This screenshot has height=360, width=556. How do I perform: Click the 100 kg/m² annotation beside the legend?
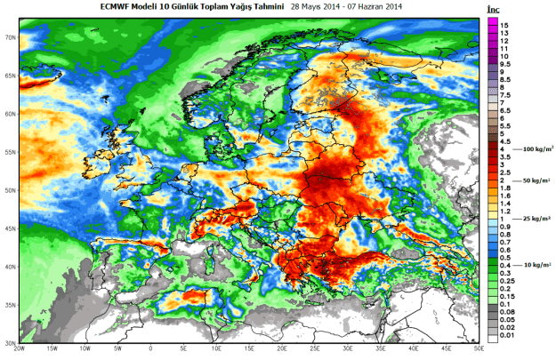click(x=530, y=151)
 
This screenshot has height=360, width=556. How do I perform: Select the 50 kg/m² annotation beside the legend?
click(x=531, y=180)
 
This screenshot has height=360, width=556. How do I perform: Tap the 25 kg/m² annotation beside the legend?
click(x=531, y=218)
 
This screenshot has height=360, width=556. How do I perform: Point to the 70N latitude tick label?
click(x=11, y=37)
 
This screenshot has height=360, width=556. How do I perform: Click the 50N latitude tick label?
click(x=11, y=190)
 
